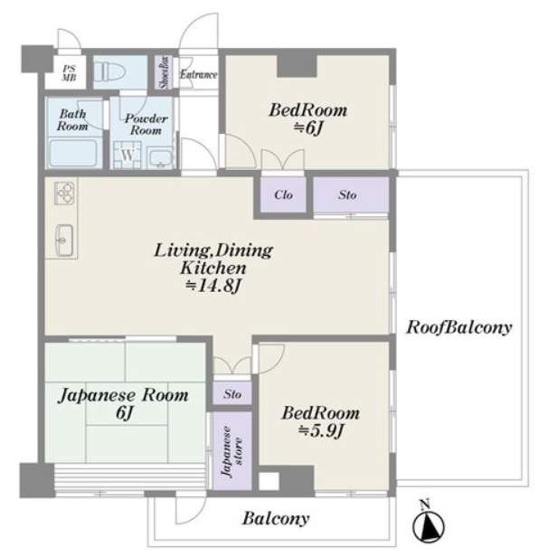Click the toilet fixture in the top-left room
(109, 72)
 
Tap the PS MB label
(69, 73)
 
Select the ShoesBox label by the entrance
(165, 72)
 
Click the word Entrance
(198, 74)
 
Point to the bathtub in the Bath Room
(73, 153)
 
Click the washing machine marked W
(128, 155)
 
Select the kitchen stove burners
(64, 193)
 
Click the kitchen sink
(64, 240)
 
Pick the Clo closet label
(283, 194)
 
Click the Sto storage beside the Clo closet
(347, 194)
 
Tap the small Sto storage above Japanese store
(232, 393)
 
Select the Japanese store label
(232, 451)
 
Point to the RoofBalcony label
(459, 327)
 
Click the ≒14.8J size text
(213, 286)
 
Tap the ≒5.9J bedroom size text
(321, 430)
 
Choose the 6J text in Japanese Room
(124, 412)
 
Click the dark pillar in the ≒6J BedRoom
(297, 66)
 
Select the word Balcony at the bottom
(276, 519)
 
